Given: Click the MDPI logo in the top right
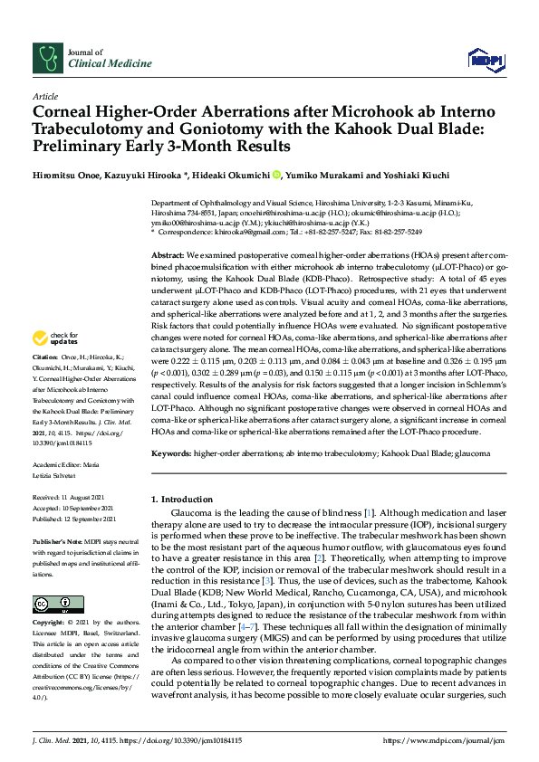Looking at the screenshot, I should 485,60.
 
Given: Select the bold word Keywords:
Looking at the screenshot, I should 172,452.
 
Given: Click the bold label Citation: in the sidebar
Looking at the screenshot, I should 45,384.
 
